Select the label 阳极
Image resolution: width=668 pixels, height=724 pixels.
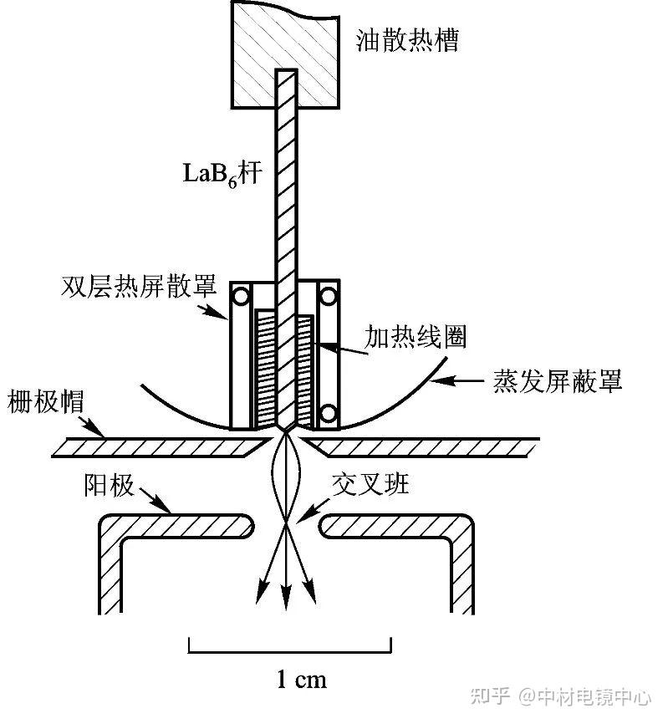pyautogui.click(x=109, y=486)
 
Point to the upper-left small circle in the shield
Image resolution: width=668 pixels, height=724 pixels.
pyautogui.click(x=243, y=296)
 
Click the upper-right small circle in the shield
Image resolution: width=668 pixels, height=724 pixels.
pyautogui.click(x=329, y=296)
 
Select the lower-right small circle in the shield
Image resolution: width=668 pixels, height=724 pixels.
pyautogui.click(x=329, y=412)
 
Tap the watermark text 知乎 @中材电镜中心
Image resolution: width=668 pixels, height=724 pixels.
pyautogui.click(x=569, y=696)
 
